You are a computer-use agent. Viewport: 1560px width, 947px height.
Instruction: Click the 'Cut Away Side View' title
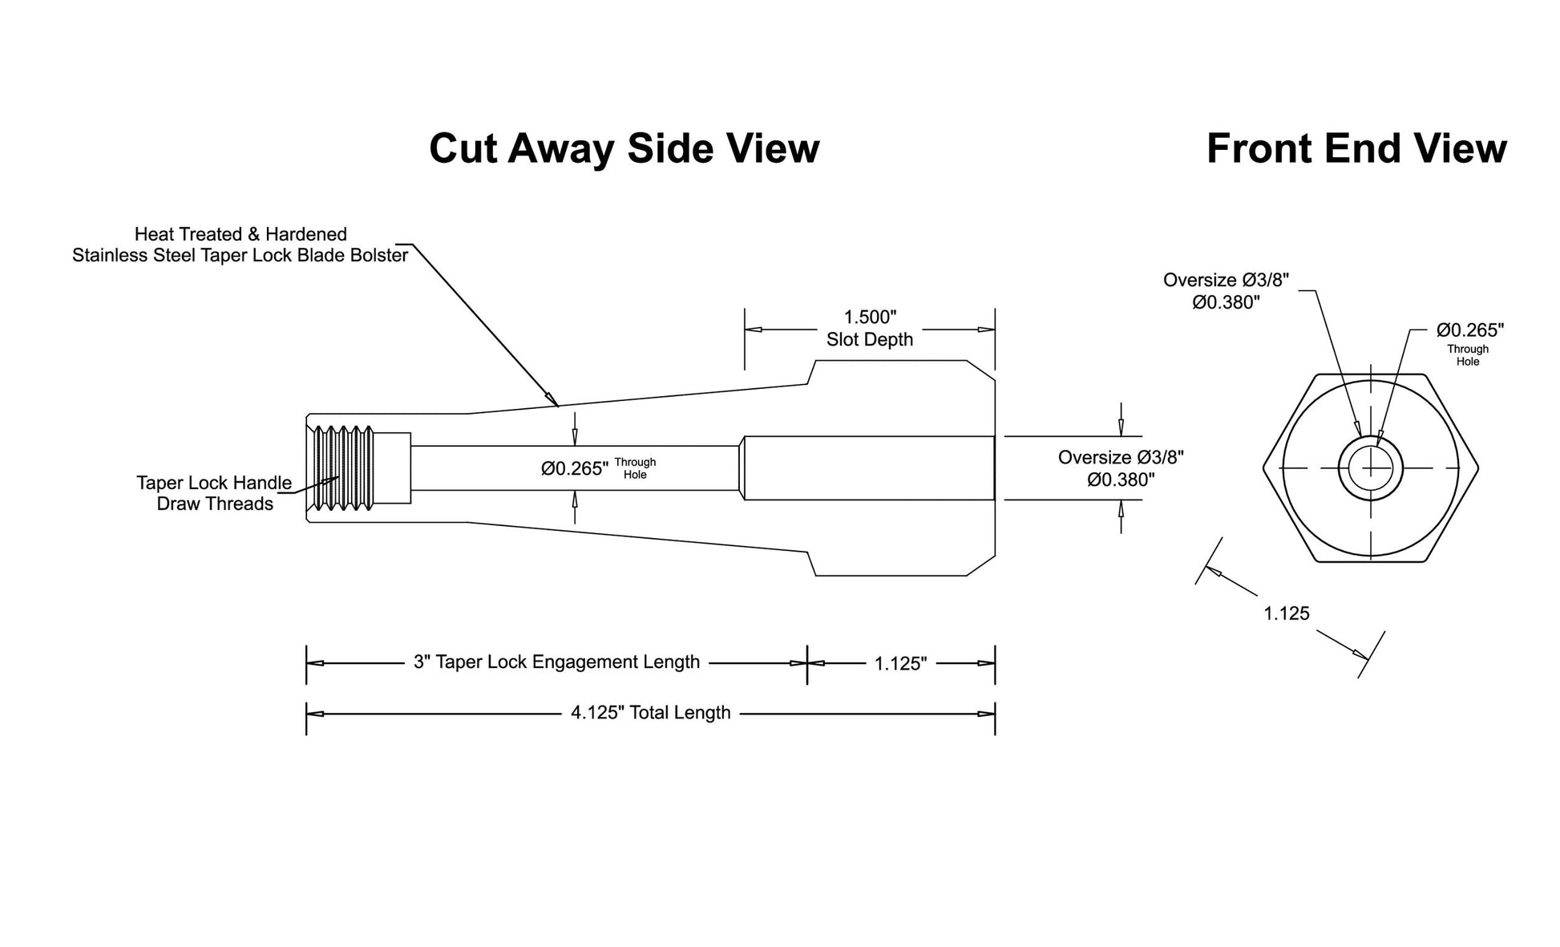click(624, 148)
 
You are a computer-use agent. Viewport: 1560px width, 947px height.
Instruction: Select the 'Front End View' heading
click(1356, 148)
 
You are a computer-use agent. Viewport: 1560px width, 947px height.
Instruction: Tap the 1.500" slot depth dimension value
click(870, 318)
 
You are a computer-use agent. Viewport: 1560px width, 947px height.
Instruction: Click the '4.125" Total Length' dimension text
click(650, 713)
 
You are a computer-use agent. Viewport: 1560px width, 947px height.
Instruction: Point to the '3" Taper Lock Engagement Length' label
click(556, 662)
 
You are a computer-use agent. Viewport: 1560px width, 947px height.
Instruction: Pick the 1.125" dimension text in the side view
click(900, 663)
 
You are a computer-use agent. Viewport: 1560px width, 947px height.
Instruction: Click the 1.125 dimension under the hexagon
click(1287, 613)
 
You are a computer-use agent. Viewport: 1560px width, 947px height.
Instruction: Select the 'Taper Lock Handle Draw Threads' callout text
click(214, 493)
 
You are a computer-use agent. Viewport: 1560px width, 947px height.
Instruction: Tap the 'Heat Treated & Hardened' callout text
click(240, 234)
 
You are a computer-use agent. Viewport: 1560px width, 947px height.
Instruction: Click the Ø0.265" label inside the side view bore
click(575, 468)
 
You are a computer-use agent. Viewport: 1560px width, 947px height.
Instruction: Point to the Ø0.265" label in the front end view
click(1470, 330)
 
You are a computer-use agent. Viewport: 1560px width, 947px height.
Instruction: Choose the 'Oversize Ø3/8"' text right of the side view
click(1121, 457)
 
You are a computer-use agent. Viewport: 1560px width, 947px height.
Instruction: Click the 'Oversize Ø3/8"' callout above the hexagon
click(1227, 280)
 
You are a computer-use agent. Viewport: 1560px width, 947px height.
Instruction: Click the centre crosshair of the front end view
click(1371, 468)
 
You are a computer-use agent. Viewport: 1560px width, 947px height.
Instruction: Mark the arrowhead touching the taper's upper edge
click(552, 399)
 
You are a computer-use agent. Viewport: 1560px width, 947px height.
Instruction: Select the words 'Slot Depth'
click(870, 339)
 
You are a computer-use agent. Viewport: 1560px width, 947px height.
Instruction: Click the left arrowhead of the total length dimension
click(315, 714)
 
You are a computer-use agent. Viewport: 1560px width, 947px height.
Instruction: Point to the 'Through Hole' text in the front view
click(1468, 355)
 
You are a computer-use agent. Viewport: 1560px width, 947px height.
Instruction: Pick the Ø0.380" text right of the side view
click(1121, 480)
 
